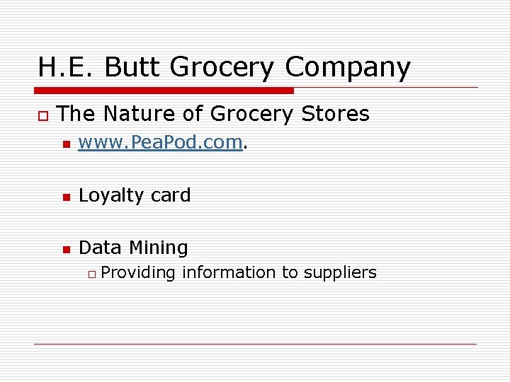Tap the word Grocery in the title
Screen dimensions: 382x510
tap(222, 67)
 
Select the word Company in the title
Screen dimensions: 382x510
tap(348, 67)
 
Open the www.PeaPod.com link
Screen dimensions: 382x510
tap(161, 142)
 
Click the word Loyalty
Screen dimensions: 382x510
tap(108, 195)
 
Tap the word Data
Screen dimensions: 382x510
tap(100, 248)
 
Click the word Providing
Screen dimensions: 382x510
tap(138, 272)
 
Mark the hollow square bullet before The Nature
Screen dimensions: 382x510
tap(42, 115)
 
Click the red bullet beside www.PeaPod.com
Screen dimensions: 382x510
tap(66, 144)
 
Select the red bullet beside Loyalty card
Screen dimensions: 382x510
tap(66, 197)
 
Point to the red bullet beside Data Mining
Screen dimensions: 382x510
tap(66, 249)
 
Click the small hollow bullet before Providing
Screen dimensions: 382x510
tap(91, 274)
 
